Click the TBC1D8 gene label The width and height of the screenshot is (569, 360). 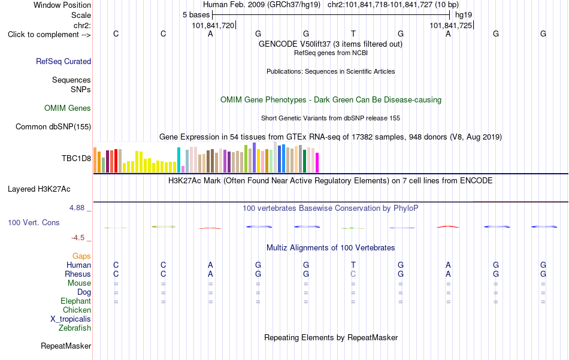[x=76, y=158]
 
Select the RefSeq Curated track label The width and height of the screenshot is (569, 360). [x=63, y=61]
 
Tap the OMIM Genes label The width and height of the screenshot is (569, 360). [x=68, y=108]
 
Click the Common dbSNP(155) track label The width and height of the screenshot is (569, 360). [x=53, y=126]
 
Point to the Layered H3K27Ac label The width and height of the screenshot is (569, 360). [x=39, y=189]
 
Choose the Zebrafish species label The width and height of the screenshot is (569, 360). [x=75, y=328]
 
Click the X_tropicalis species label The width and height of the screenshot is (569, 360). [x=71, y=319]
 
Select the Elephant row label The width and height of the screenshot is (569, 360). [x=76, y=301]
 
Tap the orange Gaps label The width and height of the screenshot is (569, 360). [x=81, y=256]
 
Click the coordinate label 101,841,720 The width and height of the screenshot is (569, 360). [x=213, y=25]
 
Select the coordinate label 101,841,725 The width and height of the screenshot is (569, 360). [x=450, y=25]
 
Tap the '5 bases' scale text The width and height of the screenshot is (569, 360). [x=196, y=15]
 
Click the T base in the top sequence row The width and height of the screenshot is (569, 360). [x=353, y=34]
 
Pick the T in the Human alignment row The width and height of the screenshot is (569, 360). [x=353, y=265]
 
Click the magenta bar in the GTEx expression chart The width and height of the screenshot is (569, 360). [x=317, y=162]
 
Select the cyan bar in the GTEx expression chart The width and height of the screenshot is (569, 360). [x=178, y=160]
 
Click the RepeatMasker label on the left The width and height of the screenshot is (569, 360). [x=66, y=346]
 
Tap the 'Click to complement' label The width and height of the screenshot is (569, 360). [x=49, y=35]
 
